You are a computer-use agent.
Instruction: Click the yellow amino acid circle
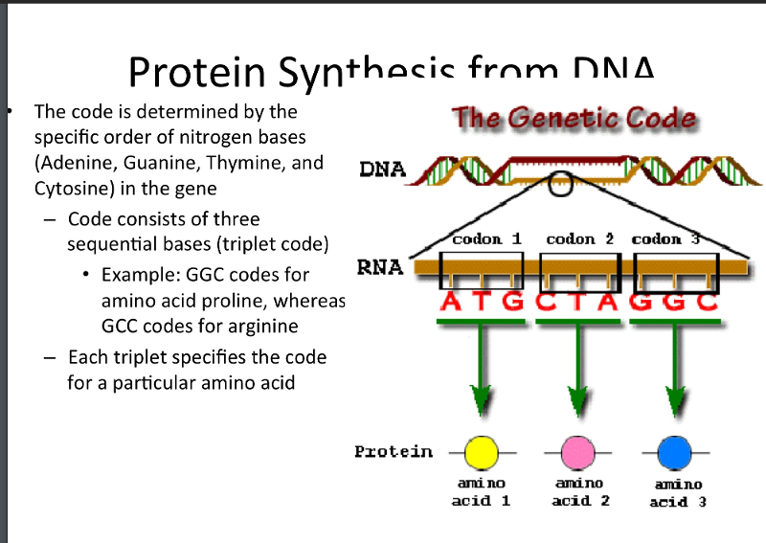pos(481,451)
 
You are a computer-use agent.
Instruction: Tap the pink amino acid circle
pos(576,451)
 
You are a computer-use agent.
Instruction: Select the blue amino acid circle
pos(674,451)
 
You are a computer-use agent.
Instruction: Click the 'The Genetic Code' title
pos(574,120)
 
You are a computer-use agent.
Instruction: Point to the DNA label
pos(382,170)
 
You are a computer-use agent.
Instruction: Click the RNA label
pos(379,267)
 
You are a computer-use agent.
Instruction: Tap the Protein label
pos(393,451)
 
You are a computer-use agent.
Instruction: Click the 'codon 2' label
pos(579,238)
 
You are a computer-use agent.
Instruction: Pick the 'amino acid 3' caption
pos(678,492)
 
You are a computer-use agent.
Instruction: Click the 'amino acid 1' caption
pos(481,492)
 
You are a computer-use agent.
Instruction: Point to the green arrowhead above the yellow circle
pos(481,399)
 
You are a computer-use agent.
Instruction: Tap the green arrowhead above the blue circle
pos(675,399)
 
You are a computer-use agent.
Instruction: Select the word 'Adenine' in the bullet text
pos(77,162)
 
